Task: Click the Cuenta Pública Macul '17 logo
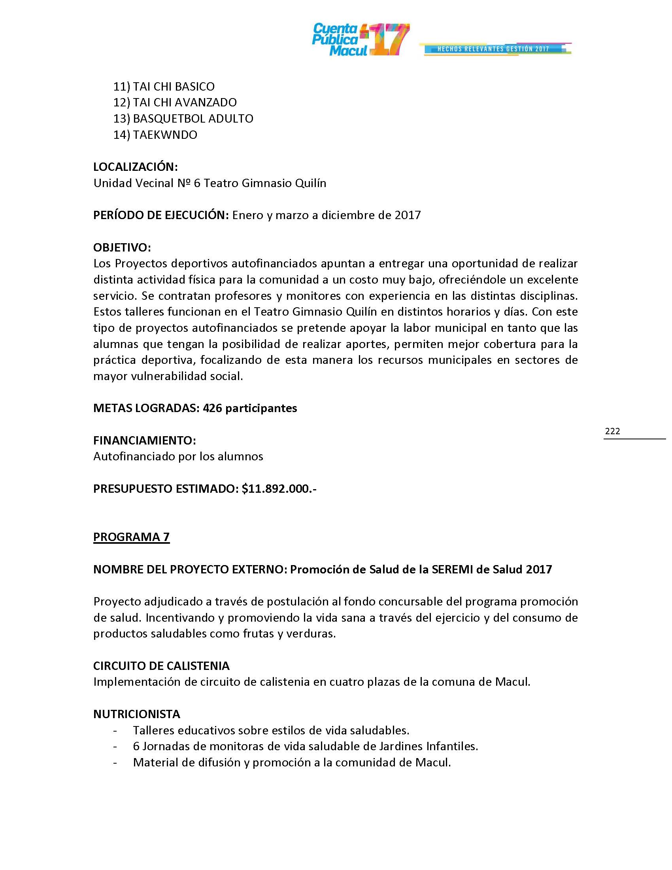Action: pos(360,40)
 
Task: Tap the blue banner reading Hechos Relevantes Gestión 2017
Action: pos(493,49)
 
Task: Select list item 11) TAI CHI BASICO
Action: pos(164,87)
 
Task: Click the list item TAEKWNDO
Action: pos(165,134)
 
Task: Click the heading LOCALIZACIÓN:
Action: pos(135,167)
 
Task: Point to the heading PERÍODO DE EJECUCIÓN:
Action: pos(161,215)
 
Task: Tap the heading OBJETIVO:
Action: pos(122,248)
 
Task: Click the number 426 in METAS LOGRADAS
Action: pos(211,409)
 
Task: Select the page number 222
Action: pos(612,431)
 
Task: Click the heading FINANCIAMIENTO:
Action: pos(145,440)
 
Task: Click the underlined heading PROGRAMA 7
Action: pos(131,537)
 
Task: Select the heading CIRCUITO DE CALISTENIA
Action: pos(161,666)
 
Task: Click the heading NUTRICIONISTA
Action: pos(136,714)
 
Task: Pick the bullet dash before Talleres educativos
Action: pos(115,730)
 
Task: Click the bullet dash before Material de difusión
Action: pos(115,762)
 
